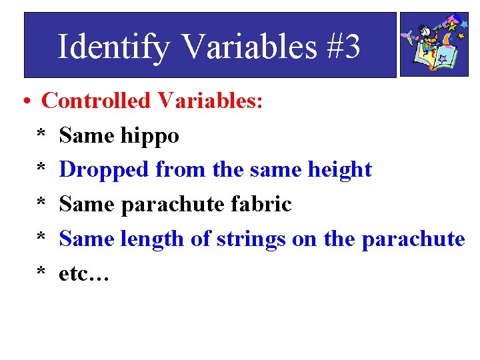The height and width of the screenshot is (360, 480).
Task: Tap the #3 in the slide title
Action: pos(344,47)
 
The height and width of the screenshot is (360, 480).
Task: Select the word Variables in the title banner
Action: pos(248,47)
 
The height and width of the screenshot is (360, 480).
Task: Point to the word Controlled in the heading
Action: pos(96,101)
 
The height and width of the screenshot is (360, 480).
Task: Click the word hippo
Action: pos(150,136)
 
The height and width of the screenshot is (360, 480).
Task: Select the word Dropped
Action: pos(104,170)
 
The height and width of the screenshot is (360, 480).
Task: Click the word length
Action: pos(155,238)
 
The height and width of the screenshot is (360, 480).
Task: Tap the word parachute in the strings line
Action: pos(413,238)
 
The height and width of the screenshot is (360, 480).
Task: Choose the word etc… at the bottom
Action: pos(83,272)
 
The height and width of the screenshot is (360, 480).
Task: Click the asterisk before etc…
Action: pos(41,273)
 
